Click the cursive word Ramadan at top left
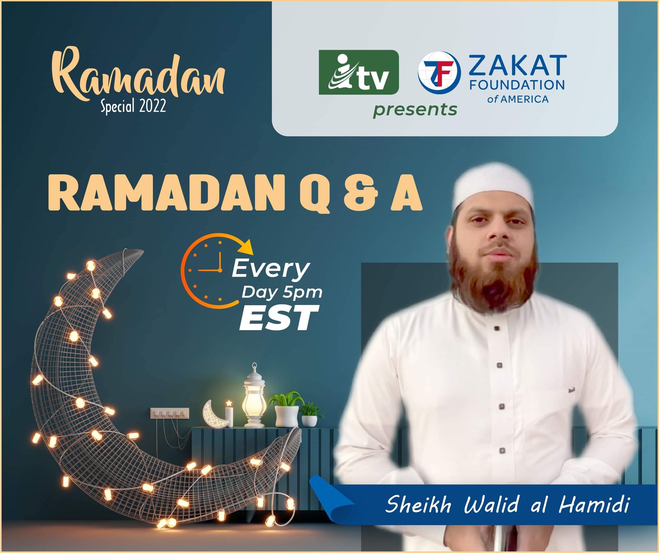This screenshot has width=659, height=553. point(138,76)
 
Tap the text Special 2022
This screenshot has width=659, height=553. point(133,106)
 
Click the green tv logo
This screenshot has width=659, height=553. point(359,72)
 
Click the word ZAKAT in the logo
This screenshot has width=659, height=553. point(518,65)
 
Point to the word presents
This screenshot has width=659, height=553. point(415,110)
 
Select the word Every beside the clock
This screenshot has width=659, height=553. point(271,269)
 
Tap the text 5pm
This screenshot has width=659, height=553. point(302,293)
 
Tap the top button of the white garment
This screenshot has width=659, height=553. point(497,328)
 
